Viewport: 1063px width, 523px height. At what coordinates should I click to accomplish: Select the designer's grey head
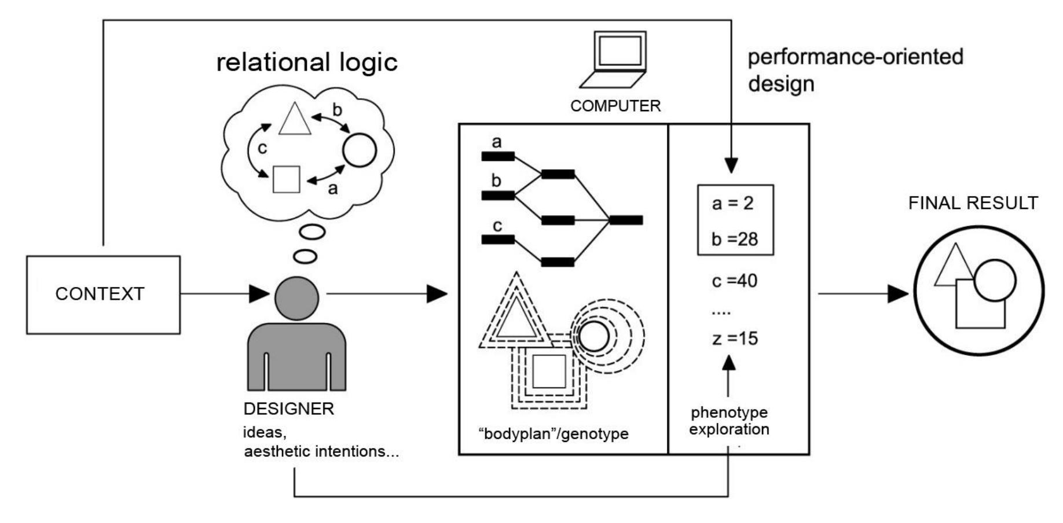tap(296, 299)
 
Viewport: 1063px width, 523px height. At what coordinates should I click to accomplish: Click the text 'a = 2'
tap(732, 204)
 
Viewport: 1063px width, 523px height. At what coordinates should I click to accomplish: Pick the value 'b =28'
tap(734, 239)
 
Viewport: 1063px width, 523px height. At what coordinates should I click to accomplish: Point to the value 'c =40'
tap(734, 281)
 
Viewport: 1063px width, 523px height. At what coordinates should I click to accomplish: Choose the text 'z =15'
tap(734, 338)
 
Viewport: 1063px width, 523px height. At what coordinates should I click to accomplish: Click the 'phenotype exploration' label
tap(729, 421)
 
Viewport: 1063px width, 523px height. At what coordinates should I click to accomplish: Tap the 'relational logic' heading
tap(307, 62)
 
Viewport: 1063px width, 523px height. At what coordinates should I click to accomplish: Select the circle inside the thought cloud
tap(360, 150)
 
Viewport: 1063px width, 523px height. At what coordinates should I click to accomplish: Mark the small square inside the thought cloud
tap(286, 179)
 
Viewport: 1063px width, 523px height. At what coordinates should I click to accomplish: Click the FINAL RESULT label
tap(973, 203)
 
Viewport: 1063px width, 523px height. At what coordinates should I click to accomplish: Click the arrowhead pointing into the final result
tap(898, 294)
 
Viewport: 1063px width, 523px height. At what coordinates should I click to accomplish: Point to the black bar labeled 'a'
tap(498, 156)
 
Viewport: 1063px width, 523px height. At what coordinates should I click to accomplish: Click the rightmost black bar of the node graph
tap(626, 220)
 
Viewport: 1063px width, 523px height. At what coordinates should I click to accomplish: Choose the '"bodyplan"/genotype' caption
tap(554, 434)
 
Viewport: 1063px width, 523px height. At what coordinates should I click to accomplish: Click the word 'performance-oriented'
tap(855, 57)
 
